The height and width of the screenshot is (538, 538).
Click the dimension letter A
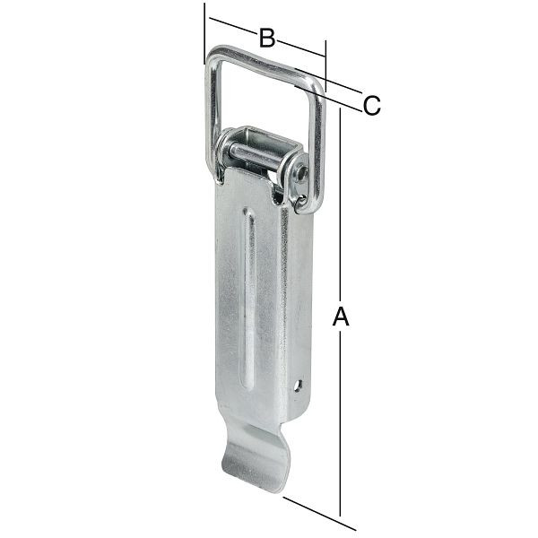340,317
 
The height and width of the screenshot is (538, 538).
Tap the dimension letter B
266,38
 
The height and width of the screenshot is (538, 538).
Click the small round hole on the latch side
299,387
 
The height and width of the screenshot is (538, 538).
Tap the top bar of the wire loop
265,66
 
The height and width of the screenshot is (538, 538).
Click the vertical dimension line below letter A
341,421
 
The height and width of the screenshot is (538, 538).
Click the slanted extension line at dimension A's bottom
314,507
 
